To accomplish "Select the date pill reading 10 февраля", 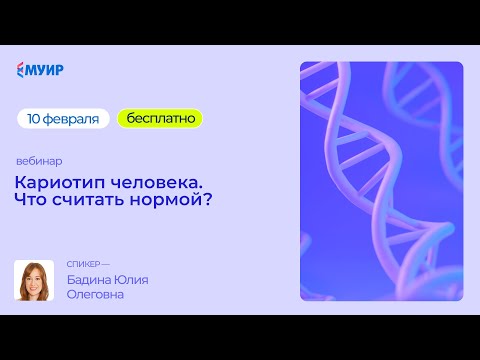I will pyautogui.click(x=63, y=118).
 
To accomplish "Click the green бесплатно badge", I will pyautogui.click(x=160, y=118).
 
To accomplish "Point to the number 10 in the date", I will pyautogui.click(x=35, y=118).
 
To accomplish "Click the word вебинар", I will pyautogui.click(x=39, y=161).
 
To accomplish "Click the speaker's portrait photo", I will pyautogui.click(x=34, y=280).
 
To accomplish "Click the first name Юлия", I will pyautogui.click(x=131, y=279).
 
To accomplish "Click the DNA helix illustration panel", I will pyautogui.click(x=381, y=181).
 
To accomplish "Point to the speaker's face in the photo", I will pyautogui.click(x=34, y=277).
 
